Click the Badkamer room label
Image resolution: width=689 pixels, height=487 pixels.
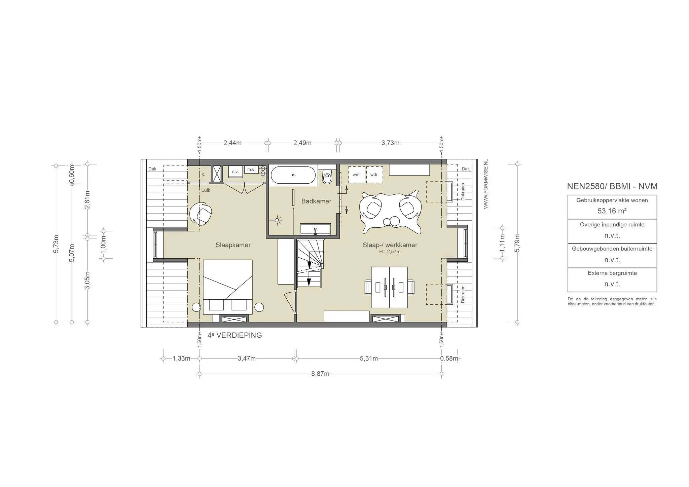(x=316, y=201)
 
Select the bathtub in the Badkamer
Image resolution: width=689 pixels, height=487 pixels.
(x=293, y=175)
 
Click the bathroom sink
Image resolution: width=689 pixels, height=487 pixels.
(x=315, y=229)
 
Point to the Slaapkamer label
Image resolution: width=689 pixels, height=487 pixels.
(x=233, y=245)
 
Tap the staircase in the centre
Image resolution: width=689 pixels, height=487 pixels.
(x=310, y=263)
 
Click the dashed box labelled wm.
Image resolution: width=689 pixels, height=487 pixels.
(x=357, y=175)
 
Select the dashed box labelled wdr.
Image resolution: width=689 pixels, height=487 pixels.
(x=374, y=175)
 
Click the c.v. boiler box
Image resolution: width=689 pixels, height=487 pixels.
(x=235, y=172)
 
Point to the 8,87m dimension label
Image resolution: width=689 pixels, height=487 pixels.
(x=320, y=374)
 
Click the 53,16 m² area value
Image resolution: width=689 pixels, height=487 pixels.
(x=612, y=211)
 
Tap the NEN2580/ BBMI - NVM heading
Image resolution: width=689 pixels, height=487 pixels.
(x=612, y=186)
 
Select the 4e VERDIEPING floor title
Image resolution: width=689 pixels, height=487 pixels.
(x=234, y=335)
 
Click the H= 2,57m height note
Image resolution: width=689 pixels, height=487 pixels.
(x=390, y=252)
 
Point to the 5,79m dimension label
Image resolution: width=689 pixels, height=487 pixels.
(x=517, y=243)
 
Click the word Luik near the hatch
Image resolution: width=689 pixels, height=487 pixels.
(x=206, y=190)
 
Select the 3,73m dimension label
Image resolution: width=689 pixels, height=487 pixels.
(x=390, y=143)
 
